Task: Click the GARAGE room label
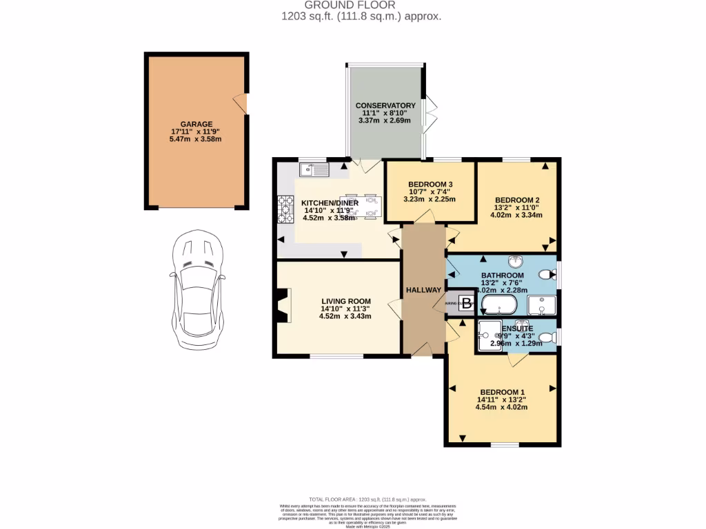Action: (196, 124)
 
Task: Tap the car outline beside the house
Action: (196, 289)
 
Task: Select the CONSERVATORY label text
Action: (385, 105)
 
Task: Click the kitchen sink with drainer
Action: (314, 168)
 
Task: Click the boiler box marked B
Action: (467, 303)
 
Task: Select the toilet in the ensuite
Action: (546, 337)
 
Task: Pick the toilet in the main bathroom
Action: (545, 275)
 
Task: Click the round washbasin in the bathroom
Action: (516, 261)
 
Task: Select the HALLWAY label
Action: (423, 290)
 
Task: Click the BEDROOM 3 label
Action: (430, 184)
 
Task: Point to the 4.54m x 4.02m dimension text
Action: (501, 407)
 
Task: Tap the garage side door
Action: (241, 104)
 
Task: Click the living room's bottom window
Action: (336, 356)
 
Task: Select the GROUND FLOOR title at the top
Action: (353, 5)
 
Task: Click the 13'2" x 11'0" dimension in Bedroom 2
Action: (516, 205)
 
